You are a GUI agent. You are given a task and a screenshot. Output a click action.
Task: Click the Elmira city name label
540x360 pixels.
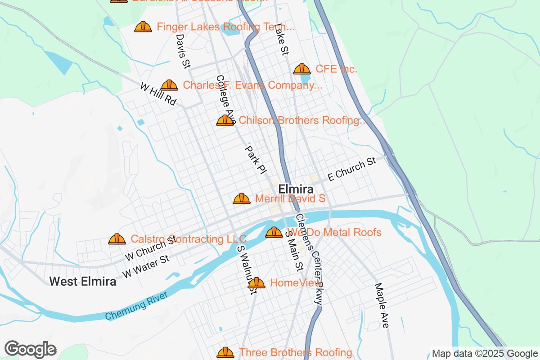pyautogui.click(x=296, y=189)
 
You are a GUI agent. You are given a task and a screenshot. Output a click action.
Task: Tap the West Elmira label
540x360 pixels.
pyautogui.click(x=82, y=281)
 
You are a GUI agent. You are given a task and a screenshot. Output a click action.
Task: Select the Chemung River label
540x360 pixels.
pyautogui.click(x=136, y=306)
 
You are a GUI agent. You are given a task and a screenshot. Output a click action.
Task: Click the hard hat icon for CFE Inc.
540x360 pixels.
pyautogui.click(x=301, y=69)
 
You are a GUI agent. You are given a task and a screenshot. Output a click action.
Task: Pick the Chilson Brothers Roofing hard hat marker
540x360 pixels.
pyautogui.click(x=225, y=121)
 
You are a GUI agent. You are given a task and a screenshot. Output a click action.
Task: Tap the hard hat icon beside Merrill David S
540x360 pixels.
pyautogui.click(x=242, y=198)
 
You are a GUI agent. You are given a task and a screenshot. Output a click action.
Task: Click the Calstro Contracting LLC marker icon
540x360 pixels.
pyautogui.click(x=117, y=239)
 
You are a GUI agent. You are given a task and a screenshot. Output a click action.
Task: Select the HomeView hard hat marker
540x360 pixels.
pyautogui.click(x=256, y=283)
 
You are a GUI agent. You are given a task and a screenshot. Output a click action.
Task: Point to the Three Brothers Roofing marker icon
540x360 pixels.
pyautogui.click(x=225, y=352)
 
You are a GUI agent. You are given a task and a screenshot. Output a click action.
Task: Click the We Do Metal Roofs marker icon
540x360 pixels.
pyautogui.click(x=274, y=233)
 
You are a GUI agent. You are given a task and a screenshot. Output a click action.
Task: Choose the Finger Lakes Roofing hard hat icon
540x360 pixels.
pyautogui.click(x=143, y=27)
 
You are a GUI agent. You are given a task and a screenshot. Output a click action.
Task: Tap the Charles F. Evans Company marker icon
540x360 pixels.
pyautogui.click(x=169, y=85)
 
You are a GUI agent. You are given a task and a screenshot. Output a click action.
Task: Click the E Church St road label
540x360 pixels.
pyautogui.click(x=351, y=169)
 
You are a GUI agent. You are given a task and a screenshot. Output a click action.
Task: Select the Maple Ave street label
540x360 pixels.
pyautogui.click(x=382, y=306)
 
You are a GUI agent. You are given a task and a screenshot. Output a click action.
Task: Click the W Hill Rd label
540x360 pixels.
pyautogui.click(x=158, y=94)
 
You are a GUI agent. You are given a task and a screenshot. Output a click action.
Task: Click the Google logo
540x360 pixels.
pyautogui.click(x=31, y=349)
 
